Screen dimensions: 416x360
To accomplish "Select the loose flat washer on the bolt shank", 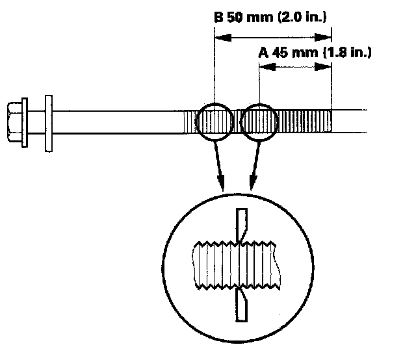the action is pyautogui.click(x=48, y=123).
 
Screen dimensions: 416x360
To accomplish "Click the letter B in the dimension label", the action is pyautogui.click(x=219, y=19).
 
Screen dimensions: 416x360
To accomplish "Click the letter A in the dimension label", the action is pyautogui.click(x=264, y=53).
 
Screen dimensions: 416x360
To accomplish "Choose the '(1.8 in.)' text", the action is pyautogui.click(x=346, y=53).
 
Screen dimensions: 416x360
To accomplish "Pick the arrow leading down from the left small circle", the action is pyautogui.click(x=220, y=166).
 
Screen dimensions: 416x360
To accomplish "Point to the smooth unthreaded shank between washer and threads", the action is pyautogui.click(x=117, y=122).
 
